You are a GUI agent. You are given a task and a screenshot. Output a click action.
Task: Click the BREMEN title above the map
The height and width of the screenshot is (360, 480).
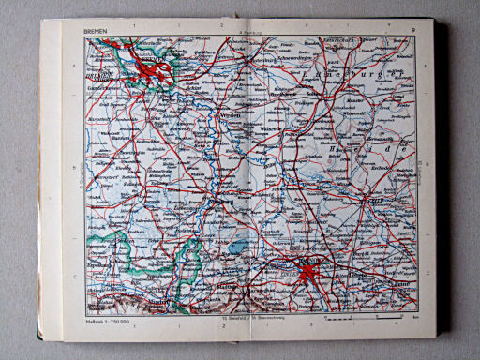click(95, 32)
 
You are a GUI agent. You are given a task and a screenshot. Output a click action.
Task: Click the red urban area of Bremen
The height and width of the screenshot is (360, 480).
click(150, 70)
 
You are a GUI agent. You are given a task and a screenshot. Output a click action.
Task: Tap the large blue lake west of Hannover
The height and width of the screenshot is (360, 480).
click(242, 246)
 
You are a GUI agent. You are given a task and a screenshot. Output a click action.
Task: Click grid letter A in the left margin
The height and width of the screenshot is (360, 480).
click(71, 68)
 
